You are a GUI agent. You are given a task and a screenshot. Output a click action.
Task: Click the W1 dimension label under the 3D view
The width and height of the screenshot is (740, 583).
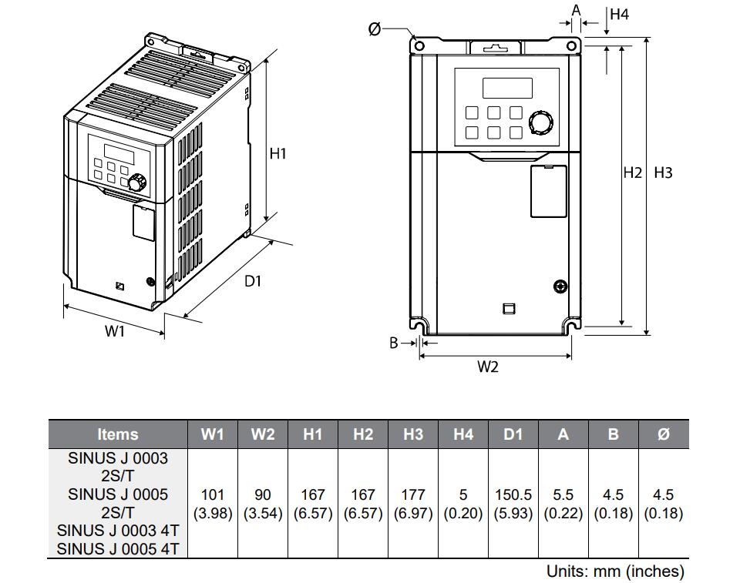pos(115,331)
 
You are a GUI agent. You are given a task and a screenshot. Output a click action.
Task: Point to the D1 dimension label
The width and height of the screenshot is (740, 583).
pos(253,281)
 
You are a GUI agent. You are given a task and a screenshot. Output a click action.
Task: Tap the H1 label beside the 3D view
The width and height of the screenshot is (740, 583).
pos(277,153)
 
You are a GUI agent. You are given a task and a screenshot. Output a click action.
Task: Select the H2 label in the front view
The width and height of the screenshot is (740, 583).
pos(632,173)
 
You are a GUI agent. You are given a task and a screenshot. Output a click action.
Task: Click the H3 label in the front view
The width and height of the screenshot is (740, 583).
pos(663,173)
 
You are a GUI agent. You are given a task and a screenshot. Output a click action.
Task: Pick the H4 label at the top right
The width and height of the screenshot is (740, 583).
pos(619,14)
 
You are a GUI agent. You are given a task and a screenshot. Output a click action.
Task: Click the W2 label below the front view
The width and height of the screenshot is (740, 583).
pos(488,367)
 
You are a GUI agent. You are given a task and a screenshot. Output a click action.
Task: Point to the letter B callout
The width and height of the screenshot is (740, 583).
pos(393,343)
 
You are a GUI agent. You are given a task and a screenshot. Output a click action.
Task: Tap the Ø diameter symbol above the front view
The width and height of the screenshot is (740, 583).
pos(375,29)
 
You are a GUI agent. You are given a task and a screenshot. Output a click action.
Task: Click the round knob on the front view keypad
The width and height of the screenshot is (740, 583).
pos(541,122)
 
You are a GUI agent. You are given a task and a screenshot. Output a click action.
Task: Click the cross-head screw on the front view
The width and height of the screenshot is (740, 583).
pos(561,287)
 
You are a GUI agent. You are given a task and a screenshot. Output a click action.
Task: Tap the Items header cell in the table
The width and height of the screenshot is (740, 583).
pos(118,434)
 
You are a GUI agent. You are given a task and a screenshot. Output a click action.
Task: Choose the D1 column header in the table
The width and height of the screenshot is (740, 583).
pos(513,434)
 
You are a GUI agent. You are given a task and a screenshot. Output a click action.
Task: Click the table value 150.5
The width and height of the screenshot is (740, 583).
pos(513,494)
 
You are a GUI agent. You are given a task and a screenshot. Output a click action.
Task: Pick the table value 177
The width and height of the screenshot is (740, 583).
pos(413,494)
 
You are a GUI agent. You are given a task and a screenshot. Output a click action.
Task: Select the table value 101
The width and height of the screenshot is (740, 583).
pos(212,494)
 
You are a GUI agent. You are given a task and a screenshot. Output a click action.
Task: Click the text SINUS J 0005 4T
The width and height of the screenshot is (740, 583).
pos(118,548)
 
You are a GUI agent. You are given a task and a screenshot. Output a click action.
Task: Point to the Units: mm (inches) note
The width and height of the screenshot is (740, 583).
pos(615,571)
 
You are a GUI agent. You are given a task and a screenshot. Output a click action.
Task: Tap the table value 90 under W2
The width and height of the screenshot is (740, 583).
pos(262,494)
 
